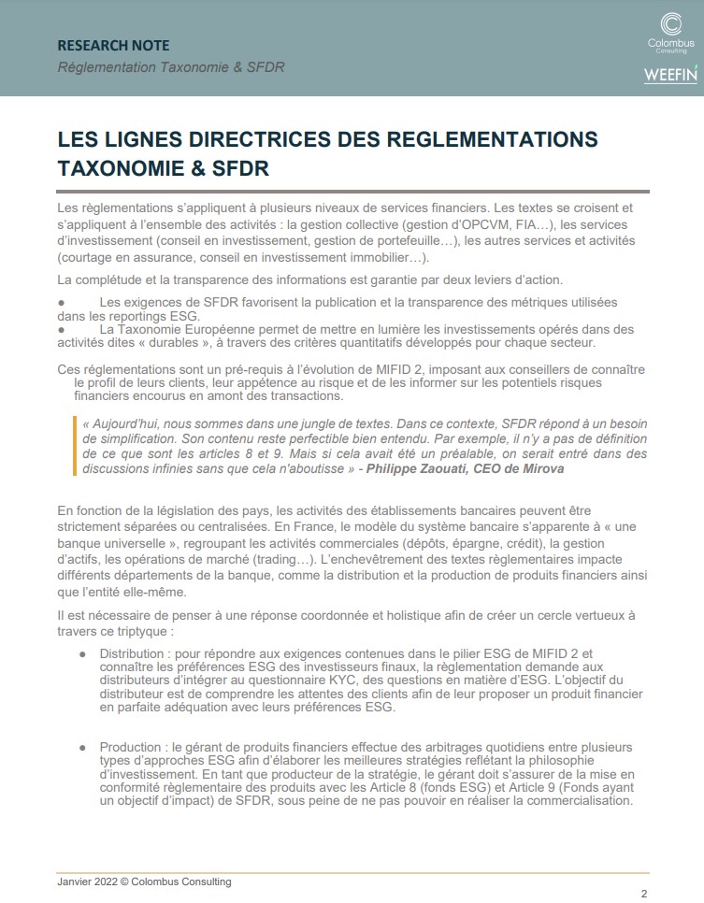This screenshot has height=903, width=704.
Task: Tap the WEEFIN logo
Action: [x=669, y=76]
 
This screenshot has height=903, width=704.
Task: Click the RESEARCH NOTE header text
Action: [x=113, y=45]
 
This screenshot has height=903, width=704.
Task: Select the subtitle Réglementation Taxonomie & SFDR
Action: [x=171, y=67]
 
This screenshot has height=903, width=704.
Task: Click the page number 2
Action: [x=643, y=892]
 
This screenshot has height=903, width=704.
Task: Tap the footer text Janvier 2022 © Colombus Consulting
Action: [x=144, y=881]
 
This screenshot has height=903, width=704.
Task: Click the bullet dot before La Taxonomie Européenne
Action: [x=61, y=329]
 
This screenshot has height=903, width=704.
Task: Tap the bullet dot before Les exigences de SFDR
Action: [x=61, y=303]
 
